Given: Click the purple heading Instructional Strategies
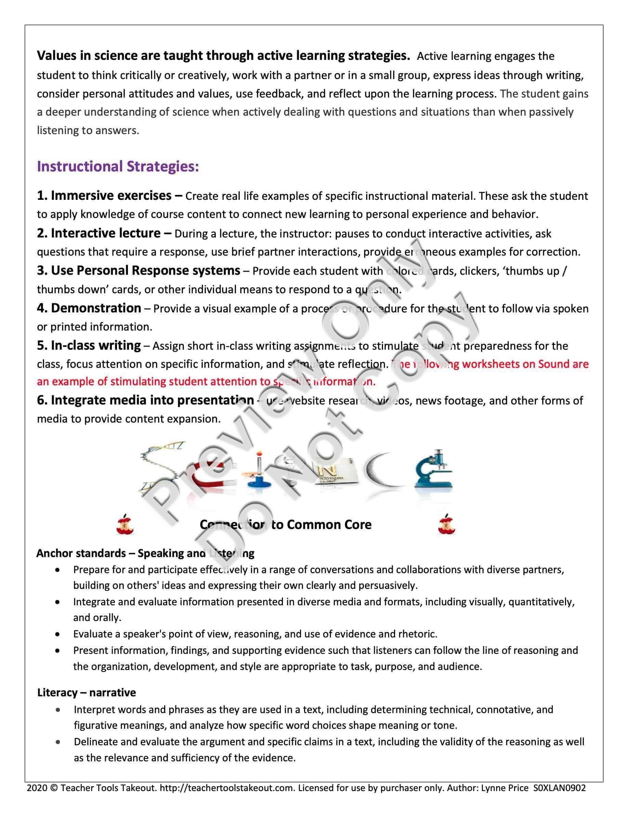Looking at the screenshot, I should coord(118,166).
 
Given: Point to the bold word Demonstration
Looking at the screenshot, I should coord(96,308).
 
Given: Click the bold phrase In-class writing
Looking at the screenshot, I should coord(96,346).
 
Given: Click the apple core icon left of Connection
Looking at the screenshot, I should coord(125,524).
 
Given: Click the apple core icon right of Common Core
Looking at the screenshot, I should coord(446,524).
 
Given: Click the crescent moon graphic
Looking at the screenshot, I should coord(381,471).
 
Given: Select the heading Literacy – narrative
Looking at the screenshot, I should coord(86,693).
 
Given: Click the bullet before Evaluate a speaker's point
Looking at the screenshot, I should coord(57,634).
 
